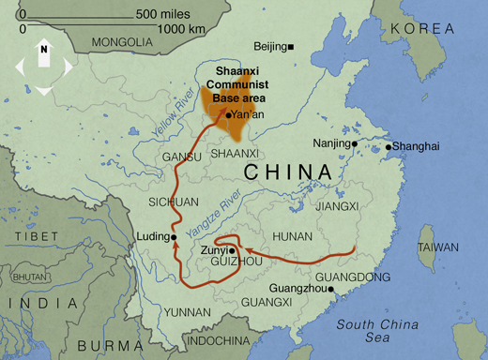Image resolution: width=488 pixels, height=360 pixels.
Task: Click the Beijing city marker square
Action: click(292, 47)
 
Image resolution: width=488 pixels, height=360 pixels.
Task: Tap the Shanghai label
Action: click(416, 146)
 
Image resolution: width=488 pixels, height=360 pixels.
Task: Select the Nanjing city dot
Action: click(355, 144)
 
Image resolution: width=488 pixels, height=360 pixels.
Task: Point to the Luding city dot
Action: click(175, 237)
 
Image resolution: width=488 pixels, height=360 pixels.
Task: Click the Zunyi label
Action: click(213, 250)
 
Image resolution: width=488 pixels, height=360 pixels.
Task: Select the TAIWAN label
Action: click(439, 247)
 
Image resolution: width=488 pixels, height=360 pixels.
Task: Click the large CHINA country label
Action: click(288, 173)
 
